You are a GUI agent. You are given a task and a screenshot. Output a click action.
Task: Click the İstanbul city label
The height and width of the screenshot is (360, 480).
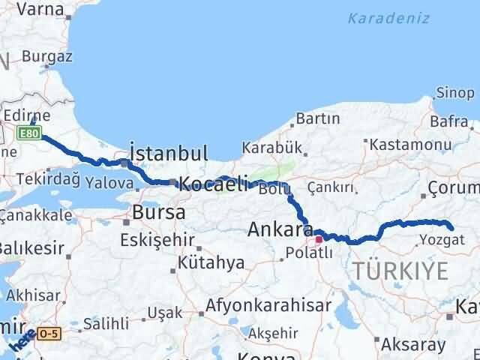[x=169, y=154]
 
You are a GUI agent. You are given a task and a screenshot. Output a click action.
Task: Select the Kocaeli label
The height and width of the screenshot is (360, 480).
[x=214, y=184]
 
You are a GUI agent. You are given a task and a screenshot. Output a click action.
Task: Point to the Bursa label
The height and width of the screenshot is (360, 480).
[x=158, y=212]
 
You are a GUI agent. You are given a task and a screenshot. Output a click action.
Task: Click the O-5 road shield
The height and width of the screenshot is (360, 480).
[x=49, y=332]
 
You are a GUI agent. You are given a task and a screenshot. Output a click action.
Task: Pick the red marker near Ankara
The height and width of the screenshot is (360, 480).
[x=319, y=240]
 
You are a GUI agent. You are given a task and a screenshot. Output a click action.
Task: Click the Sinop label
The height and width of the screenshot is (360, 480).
[x=456, y=93]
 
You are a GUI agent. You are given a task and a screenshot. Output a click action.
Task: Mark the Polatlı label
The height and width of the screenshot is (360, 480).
[x=307, y=253]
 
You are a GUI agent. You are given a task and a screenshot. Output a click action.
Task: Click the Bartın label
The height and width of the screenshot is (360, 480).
[x=318, y=118]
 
